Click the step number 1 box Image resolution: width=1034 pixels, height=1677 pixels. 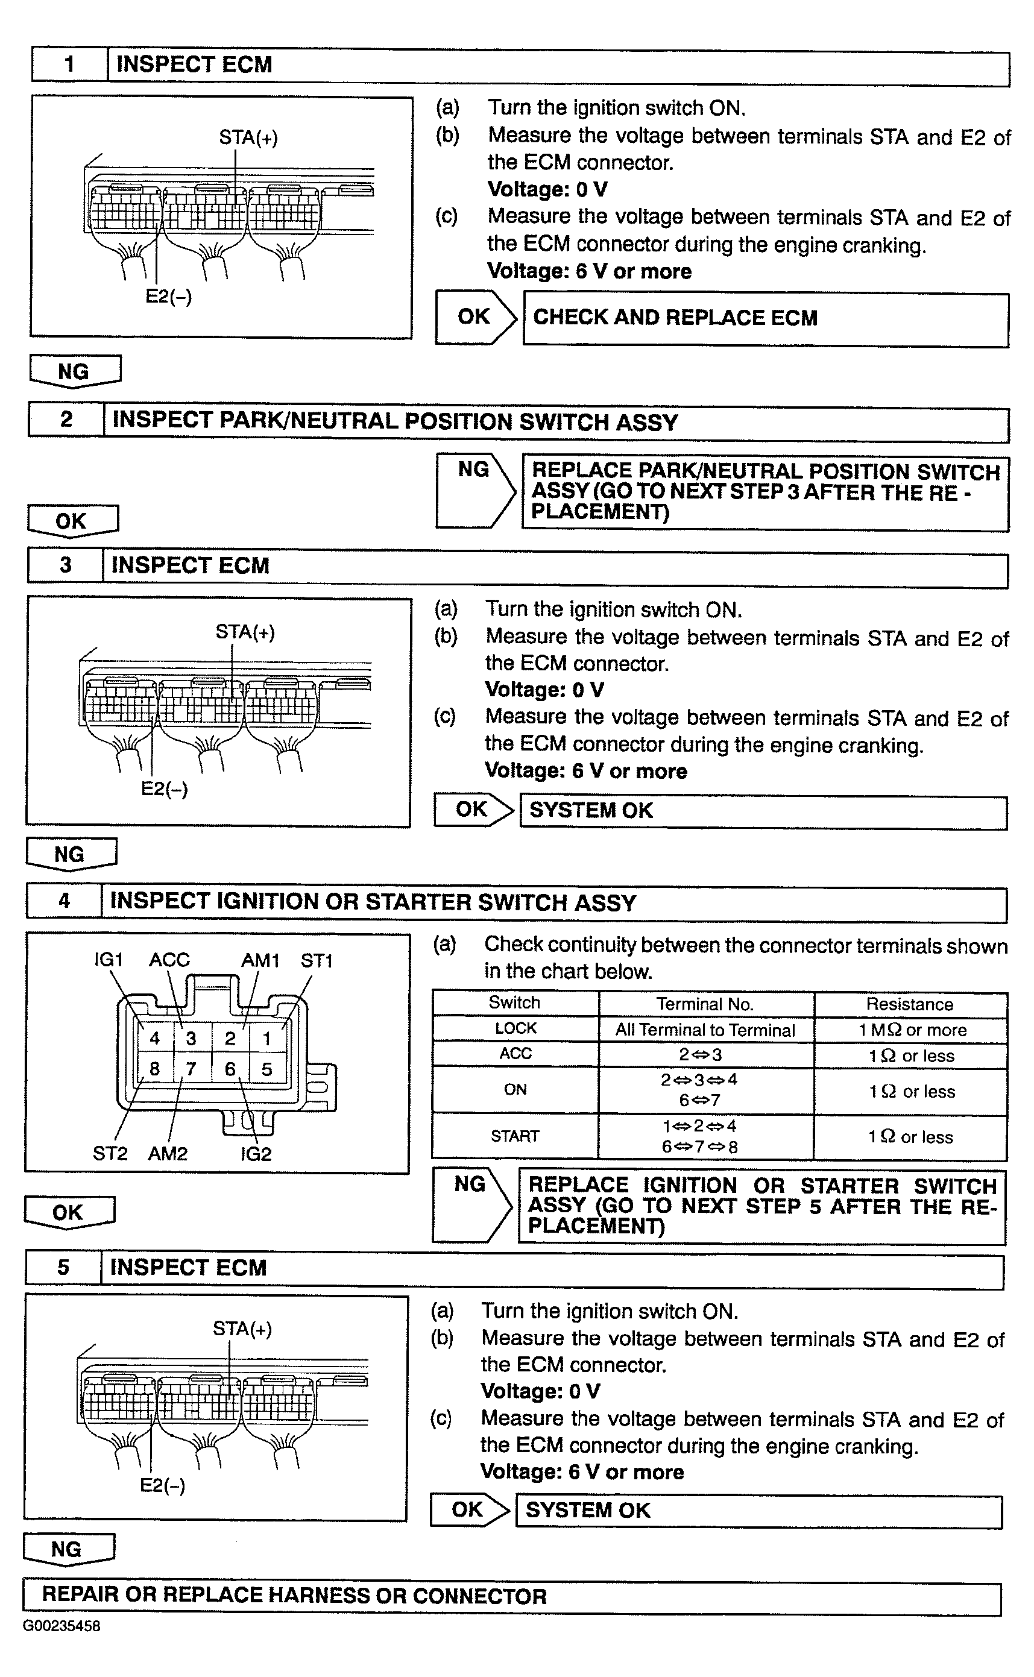[x=69, y=65]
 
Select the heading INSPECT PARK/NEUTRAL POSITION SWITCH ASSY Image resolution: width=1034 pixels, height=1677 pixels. [x=394, y=421]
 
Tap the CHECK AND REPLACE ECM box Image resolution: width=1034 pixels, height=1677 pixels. [x=765, y=319]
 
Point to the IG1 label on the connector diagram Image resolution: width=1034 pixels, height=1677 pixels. [x=109, y=960]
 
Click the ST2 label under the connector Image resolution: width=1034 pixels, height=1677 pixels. [x=110, y=1154]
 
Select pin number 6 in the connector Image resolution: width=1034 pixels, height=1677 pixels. [x=230, y=1069]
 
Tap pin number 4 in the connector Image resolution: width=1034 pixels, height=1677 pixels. [x=155, y=1039]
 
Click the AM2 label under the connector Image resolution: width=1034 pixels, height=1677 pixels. [x=168, y=1154]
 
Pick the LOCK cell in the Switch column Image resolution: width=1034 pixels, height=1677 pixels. [x=515, y=1028]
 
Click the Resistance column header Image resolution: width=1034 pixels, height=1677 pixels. [x=910, y=1004]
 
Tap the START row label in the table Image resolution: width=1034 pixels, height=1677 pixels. [x=515, y=1136]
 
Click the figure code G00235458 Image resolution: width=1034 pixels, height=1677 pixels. [x=61, y=1626]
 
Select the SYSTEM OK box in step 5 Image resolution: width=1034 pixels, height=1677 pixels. [x=758, y=1510]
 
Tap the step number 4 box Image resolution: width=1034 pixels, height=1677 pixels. [x=65, y=901]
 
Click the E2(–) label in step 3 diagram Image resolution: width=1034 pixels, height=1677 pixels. [x=164, y=789]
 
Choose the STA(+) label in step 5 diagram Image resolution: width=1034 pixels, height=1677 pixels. [x=242, y=1329]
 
